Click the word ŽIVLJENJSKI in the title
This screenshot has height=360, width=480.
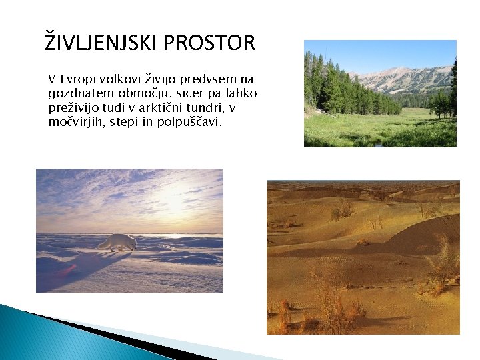coord(101,43)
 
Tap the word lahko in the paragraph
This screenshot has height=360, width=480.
coord(241,93)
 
